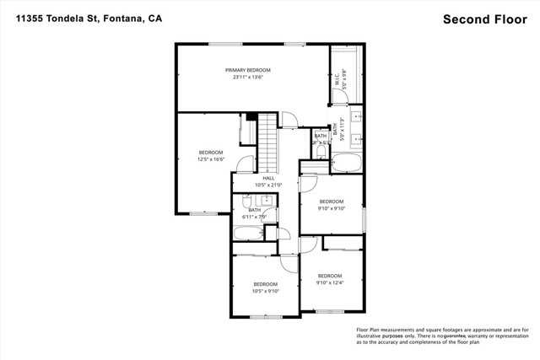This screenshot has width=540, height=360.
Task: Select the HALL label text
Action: [x=268, y=178]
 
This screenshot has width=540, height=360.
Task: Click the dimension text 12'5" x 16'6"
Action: [x=211, y=159]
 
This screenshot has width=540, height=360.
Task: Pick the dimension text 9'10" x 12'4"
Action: [x=330, y=283]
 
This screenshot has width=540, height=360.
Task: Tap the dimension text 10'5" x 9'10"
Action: [x=266, y=292]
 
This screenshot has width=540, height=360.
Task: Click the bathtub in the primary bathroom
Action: [x=345, y=164]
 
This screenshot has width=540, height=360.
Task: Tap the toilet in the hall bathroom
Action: [x=248, y=202]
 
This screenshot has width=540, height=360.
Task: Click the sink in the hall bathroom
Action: [x=265, y=201]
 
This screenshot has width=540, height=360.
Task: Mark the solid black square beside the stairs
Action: [x=251, y=117]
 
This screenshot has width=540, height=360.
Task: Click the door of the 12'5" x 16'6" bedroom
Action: [x=245, y=164]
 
